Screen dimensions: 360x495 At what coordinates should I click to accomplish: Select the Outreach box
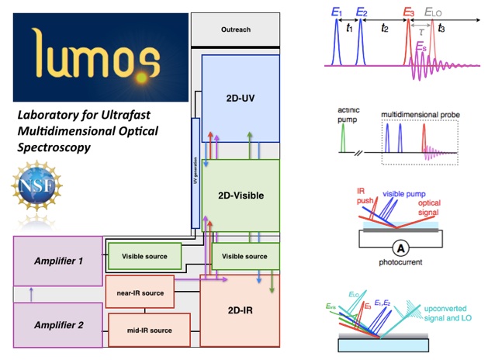click(234, 31)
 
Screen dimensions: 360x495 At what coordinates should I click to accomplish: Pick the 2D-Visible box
click(240, 195)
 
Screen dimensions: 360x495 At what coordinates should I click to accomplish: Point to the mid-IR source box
click(149, 331)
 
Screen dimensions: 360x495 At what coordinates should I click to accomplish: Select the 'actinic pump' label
click(344, 117)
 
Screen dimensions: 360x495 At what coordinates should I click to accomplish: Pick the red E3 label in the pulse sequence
click(409, 12)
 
